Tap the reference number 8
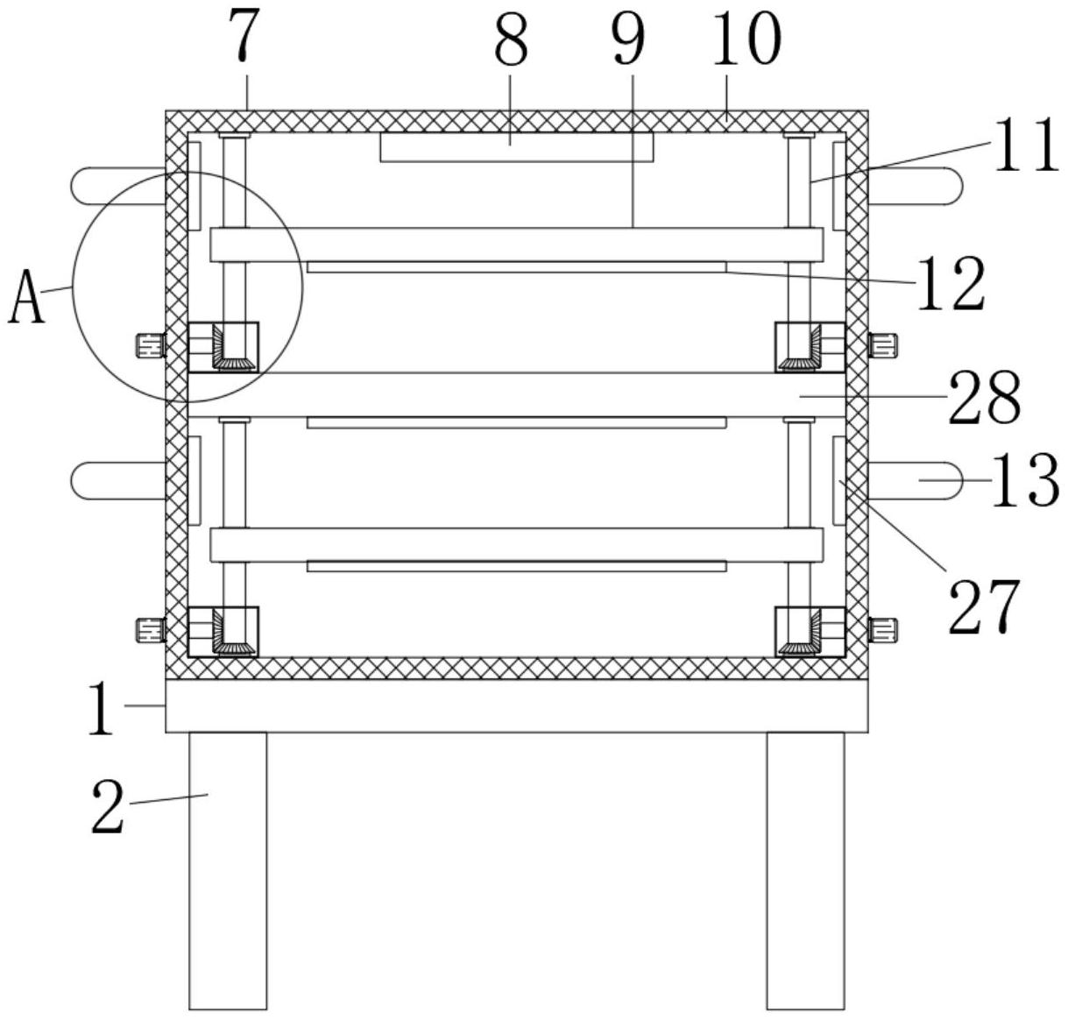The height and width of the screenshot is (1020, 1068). tap(512, 41)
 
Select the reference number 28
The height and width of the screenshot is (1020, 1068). tap(984, 397)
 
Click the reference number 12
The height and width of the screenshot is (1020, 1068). tap(951, 284)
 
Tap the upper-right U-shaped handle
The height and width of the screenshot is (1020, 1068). tap(916, 187)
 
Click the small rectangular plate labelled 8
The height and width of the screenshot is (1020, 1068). tap(516, 147)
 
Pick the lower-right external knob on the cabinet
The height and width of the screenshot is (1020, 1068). tap(883, 628)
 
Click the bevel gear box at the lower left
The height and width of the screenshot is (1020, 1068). tap(223, 632)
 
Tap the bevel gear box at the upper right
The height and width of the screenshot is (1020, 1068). tap(810, 347)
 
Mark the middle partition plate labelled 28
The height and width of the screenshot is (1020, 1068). tap(517, 394)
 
